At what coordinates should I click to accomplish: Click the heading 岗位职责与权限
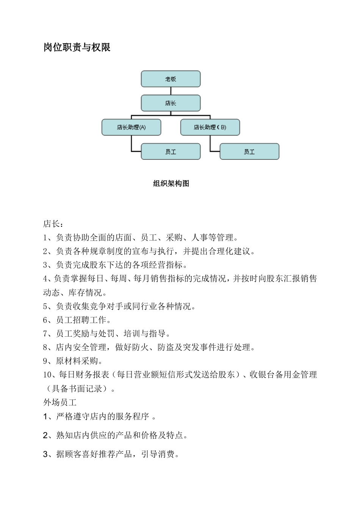[77, 47]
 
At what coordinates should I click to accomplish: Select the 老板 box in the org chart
[171, 79]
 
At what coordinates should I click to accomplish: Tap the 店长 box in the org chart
[171, 103]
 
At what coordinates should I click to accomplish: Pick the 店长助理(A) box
[131, 127]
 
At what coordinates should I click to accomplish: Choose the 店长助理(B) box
[210, 127]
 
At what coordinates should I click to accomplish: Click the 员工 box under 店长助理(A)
[171, 151]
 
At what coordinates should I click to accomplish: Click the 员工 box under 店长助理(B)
[249, 151]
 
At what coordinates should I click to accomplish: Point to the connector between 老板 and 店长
[171, 91]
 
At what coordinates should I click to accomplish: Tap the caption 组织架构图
[171, 184]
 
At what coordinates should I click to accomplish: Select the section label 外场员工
[60, 402]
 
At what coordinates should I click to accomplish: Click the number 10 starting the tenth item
[47, 375]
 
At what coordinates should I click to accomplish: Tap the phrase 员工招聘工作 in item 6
[81, 320]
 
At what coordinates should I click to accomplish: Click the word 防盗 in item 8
[165, 347]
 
